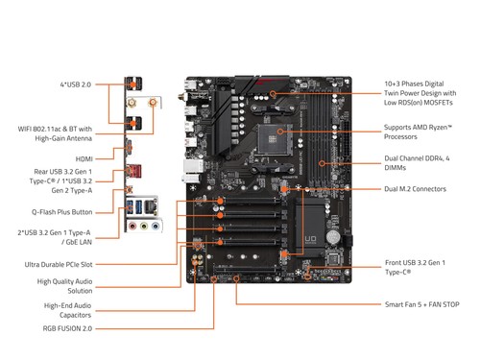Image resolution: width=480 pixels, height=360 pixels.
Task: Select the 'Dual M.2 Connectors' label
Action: coord(415,189)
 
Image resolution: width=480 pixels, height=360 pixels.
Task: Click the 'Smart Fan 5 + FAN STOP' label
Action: coord(421,304)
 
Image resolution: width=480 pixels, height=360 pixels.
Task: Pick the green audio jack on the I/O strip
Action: coord(145,228)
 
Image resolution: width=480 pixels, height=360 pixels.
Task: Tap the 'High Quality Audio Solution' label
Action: coord(66,285)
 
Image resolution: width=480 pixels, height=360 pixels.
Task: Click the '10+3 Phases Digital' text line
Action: coord(421,84)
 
